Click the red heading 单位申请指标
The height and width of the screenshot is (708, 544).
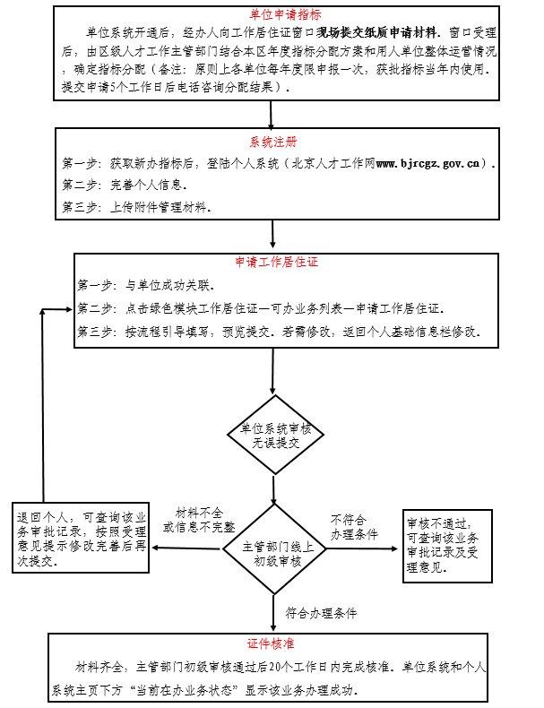(x=271, y=15)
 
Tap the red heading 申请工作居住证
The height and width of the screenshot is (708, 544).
(x=276, y=263)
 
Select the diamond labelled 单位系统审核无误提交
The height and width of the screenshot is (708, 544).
(x=272, y=434)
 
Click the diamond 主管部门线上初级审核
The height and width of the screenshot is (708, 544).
(x=272, y=546)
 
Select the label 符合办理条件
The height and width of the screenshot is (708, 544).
(x=321, y=614)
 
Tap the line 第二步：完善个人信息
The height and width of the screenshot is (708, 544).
(x=125, y=186)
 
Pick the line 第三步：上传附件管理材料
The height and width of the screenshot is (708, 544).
(x=137, y=208)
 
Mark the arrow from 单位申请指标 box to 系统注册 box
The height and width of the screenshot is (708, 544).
(x=272, y=113)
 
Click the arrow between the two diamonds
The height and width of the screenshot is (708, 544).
(x=272, y=485)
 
